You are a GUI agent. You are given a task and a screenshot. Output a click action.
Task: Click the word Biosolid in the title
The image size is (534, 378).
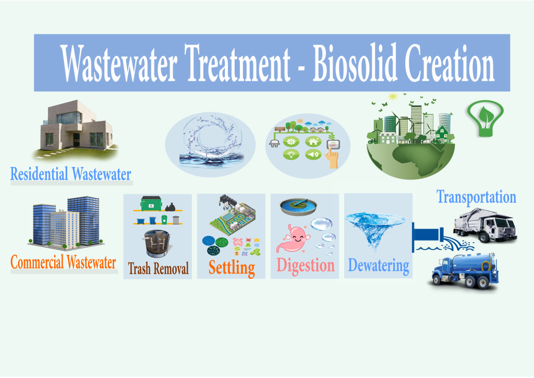tap(355, 63)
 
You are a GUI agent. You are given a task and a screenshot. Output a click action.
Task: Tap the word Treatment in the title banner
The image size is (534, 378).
tap(237, 63)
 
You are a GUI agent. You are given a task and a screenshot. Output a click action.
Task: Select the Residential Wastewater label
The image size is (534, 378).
tap(71, 174)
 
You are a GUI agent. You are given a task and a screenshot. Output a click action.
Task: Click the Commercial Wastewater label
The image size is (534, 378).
tap(63, 262)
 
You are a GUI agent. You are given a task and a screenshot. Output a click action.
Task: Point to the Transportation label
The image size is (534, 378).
tap(477, 197)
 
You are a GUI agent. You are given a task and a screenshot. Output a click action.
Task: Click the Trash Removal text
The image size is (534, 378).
tap(159, 268)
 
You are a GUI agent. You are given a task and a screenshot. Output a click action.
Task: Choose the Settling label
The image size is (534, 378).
tap(232, 268)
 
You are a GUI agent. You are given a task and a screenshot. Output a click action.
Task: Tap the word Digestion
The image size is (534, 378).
tap(306, 266)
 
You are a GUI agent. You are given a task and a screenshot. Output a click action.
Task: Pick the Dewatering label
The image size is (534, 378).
tap(379, 266)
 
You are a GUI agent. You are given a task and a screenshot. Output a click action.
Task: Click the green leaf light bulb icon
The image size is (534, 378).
tap(486, 118)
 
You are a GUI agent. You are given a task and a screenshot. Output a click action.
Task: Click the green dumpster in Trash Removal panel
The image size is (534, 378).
tap(151, 203)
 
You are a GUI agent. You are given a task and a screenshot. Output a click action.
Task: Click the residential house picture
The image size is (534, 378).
tap(77, 130)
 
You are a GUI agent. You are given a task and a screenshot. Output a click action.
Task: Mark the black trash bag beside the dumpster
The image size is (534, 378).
tap(171, 207)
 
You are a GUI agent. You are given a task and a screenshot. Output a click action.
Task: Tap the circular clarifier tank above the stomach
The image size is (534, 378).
tap(298, 207)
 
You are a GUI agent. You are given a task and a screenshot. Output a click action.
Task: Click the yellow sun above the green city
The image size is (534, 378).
tap(393, 97)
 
